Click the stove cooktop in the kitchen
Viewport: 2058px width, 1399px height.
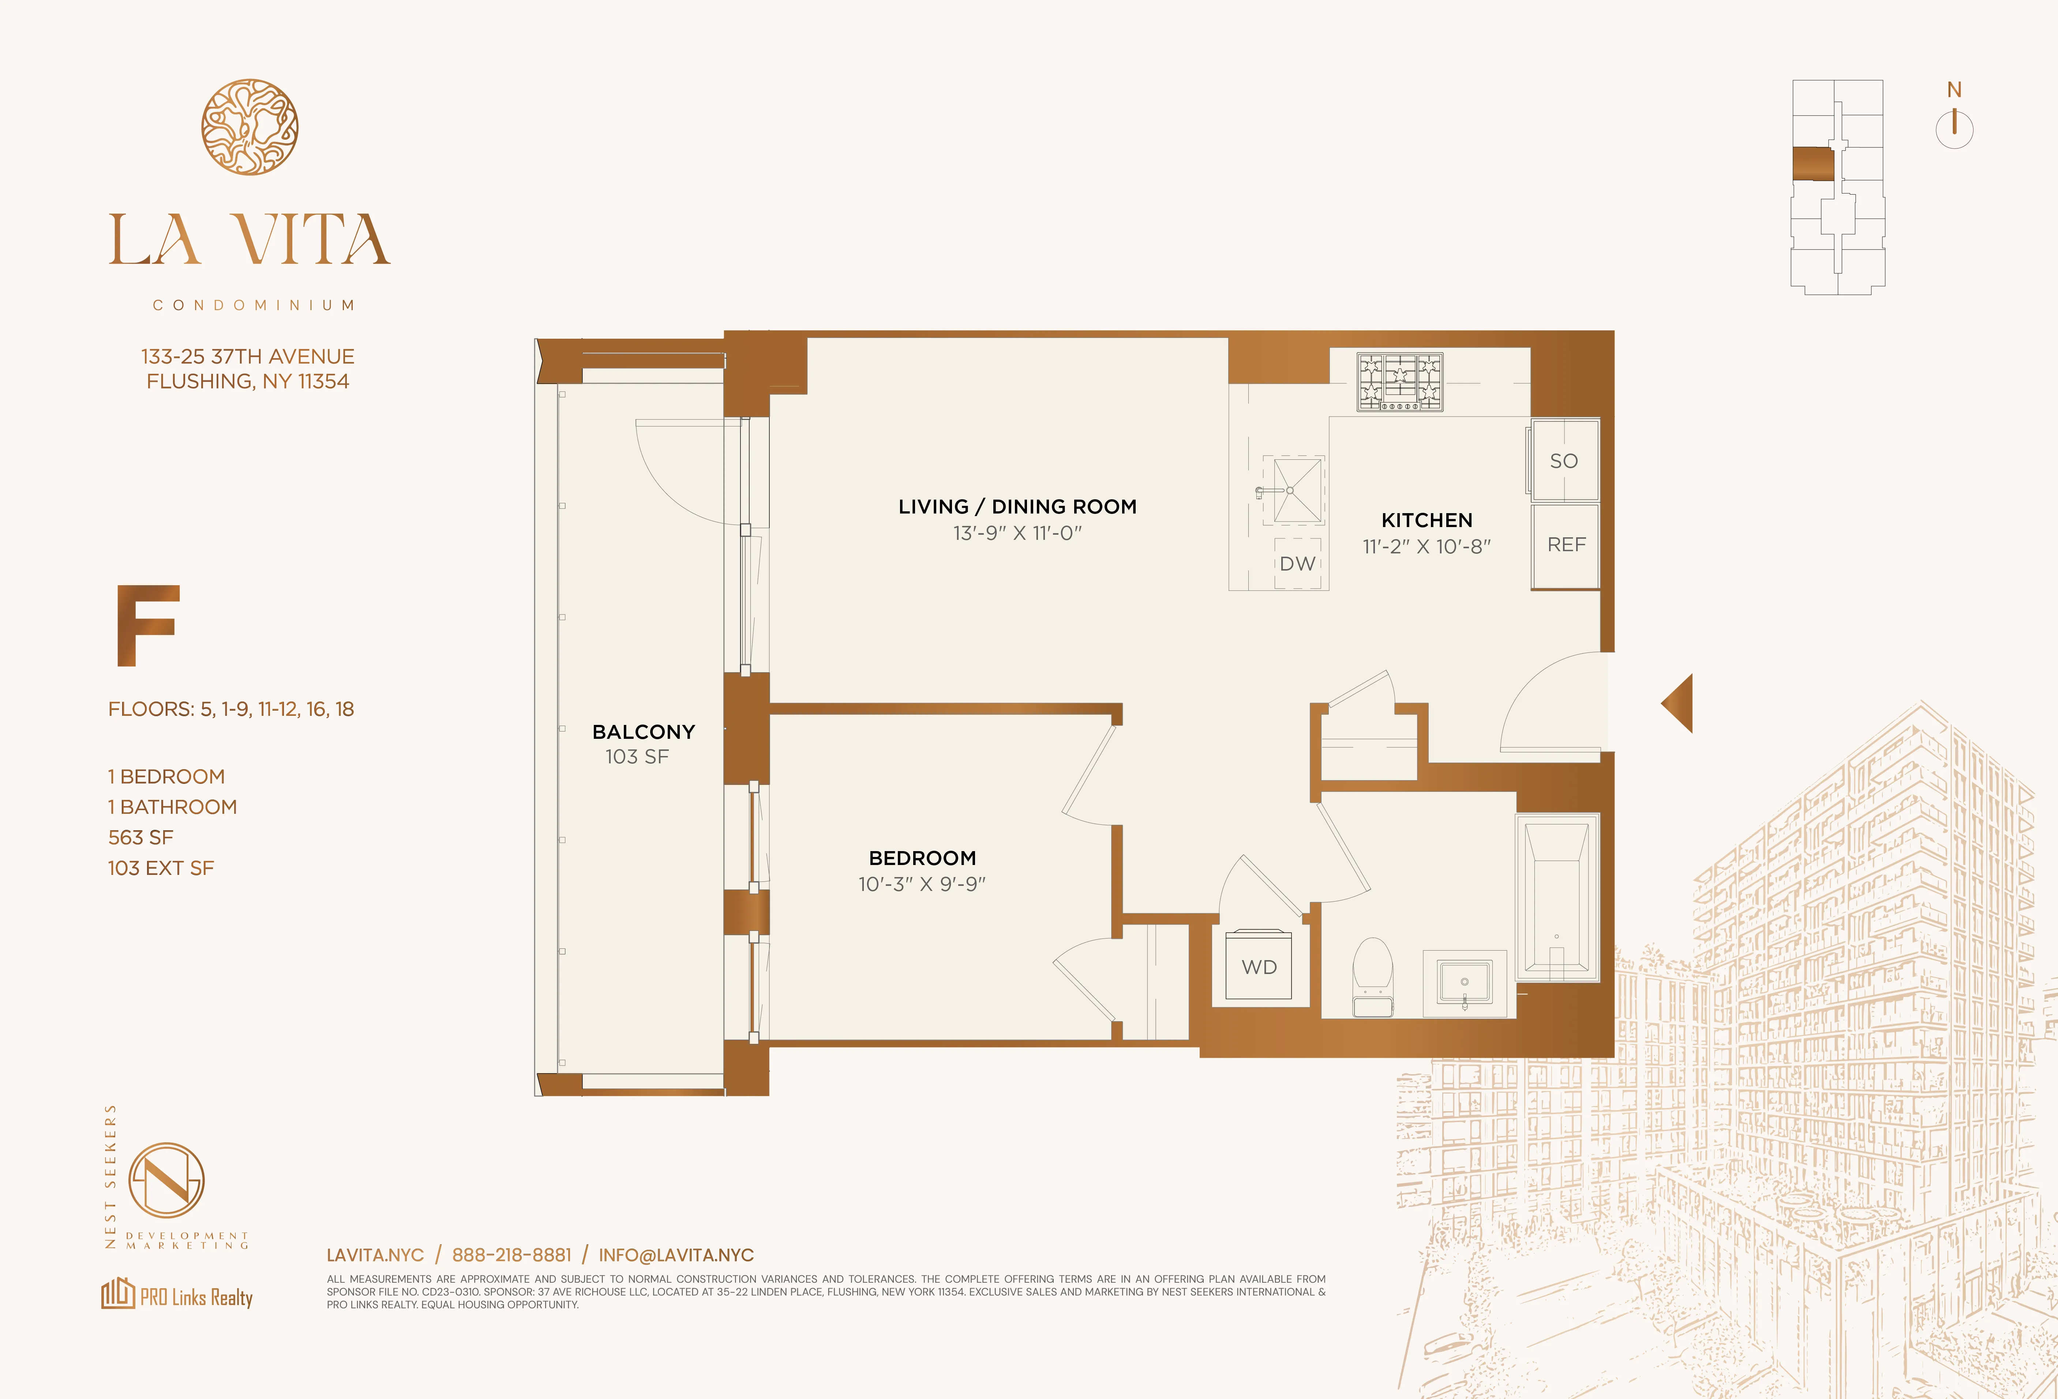[x=1400, y=381]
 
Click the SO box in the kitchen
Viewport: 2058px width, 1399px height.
[x=1564, y=460]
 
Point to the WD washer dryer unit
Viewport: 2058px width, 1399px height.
[x=1258, y=967]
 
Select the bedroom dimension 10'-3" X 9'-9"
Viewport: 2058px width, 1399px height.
[x=922, y=884]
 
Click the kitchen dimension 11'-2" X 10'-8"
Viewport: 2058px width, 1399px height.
[x=1427, y=546]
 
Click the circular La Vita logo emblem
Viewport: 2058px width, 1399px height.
[x=250, y=127]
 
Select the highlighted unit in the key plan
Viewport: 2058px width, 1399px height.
[x=1812, y=164]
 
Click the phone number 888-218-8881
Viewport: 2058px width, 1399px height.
[x=512, y=1255]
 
